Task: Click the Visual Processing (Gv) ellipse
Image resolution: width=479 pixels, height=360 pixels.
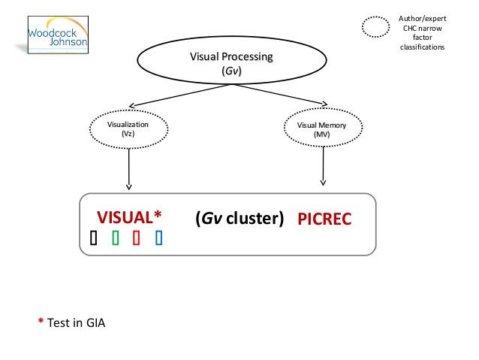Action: click(230, 64)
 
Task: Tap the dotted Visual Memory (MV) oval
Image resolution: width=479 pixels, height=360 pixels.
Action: click(321, 129)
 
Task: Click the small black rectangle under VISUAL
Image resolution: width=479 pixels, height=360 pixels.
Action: click(92, 238)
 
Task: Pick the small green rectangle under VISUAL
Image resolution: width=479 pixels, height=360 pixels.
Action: click(115, 238)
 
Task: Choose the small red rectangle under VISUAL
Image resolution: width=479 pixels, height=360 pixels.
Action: click(137, 238)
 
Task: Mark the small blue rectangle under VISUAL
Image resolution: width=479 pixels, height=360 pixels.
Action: click(158, 238)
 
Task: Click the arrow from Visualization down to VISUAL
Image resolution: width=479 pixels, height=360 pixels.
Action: click(129, 168)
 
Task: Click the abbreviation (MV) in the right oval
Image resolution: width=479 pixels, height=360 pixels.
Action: click(321, 135)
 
